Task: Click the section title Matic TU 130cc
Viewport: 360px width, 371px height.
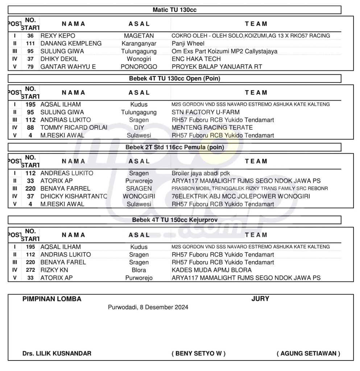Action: [x=174, y=10]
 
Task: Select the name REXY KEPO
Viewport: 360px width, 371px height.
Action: [x=58, y=36]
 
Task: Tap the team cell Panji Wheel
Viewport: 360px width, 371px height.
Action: [x=188, y=43]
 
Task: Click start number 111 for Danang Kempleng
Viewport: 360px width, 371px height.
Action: [x=30, y=43]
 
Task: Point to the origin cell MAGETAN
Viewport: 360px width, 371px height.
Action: [x=139, y=36]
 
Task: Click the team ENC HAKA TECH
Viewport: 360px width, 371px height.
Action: [x=196, y=59]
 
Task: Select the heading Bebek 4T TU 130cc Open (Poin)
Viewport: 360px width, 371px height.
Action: [x=174, y=78]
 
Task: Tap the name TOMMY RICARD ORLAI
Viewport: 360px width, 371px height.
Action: [x=74, y=128]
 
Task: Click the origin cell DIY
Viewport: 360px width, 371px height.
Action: [x=139, y=128]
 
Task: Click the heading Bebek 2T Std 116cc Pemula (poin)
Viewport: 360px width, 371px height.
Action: [x=174, y=147]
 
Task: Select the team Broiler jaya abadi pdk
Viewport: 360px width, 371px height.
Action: [x=201, y=173]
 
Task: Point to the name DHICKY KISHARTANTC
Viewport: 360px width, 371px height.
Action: [x=74, y=196]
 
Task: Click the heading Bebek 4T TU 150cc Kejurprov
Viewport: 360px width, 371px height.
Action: [x=174, y=220]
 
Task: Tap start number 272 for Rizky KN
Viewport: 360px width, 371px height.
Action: [x=30, y=270]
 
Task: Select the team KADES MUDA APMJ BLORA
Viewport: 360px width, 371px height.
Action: [x=211, y=270]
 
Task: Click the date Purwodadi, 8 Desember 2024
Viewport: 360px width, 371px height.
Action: [x=148, y=307]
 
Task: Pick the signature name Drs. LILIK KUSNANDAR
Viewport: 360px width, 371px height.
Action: [x=57, y=353]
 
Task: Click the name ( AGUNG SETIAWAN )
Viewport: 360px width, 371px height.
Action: [x=308, y=353]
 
